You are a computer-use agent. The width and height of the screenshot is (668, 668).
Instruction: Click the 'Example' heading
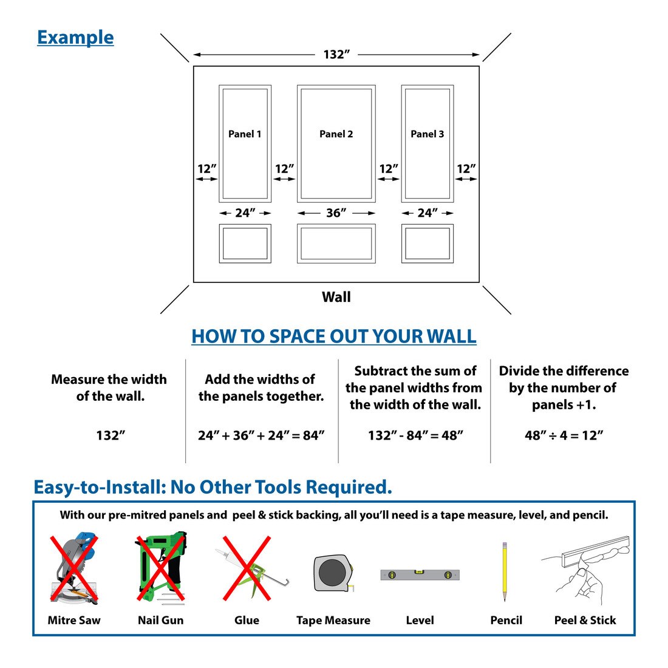point(75,38)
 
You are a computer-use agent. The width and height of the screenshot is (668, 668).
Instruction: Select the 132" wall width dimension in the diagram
point(336,55)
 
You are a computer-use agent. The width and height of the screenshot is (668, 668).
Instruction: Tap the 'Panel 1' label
point(245,134)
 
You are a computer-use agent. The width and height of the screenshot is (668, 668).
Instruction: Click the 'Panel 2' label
point(336,134)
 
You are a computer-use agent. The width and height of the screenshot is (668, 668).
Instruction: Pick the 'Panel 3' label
point(427,134)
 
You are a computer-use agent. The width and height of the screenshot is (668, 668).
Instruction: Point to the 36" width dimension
point(336,213)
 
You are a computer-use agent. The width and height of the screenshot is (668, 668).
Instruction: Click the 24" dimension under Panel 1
point(245,213)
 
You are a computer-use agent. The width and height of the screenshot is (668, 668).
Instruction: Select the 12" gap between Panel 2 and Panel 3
point(389,169)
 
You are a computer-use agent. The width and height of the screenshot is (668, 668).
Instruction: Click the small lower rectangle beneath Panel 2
point(336,244)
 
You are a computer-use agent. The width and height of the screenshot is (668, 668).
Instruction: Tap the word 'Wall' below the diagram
point(336,297)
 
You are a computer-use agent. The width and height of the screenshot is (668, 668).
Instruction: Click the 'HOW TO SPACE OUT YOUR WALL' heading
point(333,336)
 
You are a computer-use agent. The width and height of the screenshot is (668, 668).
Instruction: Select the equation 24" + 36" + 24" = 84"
point(261,435)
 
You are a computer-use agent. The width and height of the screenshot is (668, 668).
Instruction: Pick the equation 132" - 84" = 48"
point(415,435)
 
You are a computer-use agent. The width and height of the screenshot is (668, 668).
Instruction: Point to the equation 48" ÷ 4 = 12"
point(564,435)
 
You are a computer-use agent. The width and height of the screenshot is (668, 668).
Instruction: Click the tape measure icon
point(332,573)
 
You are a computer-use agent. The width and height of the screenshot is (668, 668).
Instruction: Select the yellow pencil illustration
point(504,571)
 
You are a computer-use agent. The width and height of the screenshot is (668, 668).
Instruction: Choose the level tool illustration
point(420,574)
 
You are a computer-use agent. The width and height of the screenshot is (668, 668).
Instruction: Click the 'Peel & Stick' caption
point(585,620)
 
